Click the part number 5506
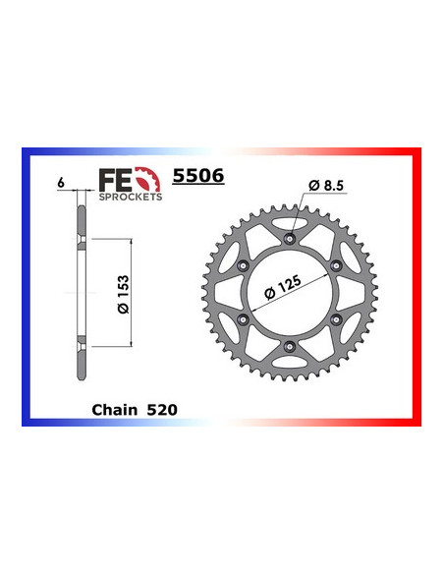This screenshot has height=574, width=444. (197, 177)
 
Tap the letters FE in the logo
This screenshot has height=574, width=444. (112, 179)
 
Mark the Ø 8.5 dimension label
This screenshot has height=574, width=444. (325, 184)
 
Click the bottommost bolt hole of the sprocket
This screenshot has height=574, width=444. (289, 347)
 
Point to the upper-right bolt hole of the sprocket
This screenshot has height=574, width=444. (337, 263)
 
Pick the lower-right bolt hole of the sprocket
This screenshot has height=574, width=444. (337, 319)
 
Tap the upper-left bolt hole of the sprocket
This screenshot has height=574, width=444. (241, 263)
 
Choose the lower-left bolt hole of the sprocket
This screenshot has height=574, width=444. (241, 319)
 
